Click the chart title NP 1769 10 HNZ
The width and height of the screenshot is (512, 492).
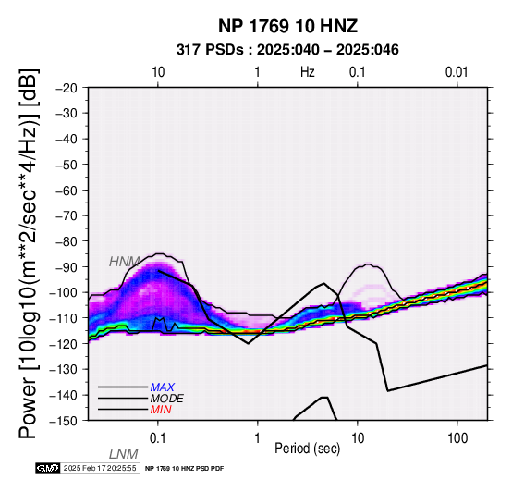pos(287,26)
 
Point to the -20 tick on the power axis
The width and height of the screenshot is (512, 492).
pos(67,88)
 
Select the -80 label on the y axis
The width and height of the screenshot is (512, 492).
pos(67,241)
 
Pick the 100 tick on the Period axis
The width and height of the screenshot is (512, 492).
pos(457,438)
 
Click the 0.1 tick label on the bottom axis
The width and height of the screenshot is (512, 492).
pos(158,438)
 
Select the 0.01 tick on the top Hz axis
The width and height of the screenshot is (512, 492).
pos(457,72)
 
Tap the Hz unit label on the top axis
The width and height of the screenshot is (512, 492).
pos(308,72)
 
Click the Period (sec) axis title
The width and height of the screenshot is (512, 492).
pos(307,449)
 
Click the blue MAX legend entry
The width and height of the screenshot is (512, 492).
pos(163,387)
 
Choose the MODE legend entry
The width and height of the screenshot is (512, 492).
pos(167,399)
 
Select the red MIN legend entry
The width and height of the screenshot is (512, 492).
pos(161,410)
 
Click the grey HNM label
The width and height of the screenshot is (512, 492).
pos(125,262)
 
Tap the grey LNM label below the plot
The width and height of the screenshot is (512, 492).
pos(124,454)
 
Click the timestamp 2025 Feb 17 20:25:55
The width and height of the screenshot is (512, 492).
pos(100,468)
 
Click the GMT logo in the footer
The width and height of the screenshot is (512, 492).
pos(48,468)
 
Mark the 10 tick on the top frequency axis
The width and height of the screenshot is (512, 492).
pos(158,72)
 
